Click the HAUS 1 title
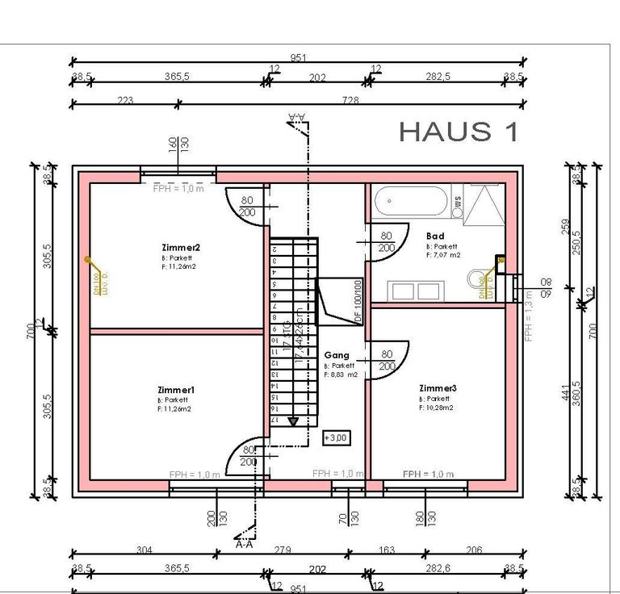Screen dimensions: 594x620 [459, 131]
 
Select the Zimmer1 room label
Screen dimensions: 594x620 [176, 390]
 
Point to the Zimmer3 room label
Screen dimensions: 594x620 [438, 389]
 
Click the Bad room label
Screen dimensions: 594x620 [434, 236]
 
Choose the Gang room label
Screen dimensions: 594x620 [337, 355]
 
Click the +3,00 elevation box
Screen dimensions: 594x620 [335, 437]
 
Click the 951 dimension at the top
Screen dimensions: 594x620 [299, 58]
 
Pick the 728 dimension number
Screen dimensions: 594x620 [350, 100]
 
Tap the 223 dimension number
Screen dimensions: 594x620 [124, 100]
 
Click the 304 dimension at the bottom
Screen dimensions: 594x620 [144, 550]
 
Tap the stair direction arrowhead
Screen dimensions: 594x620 [292, 420]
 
